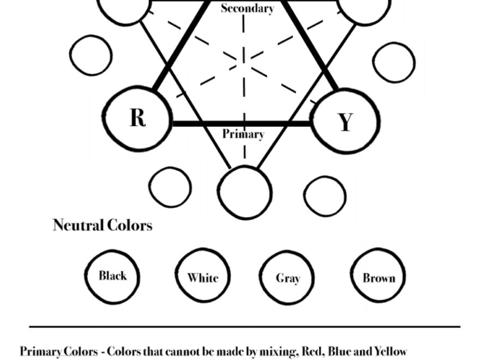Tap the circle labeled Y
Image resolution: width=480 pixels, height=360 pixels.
pos(345,121)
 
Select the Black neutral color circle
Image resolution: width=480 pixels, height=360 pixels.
pos(112,276)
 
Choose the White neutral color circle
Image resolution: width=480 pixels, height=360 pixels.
pos(202,277)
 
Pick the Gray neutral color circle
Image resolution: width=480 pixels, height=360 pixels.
pos(287,278)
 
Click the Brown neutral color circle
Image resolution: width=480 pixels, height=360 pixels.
pos(379,277)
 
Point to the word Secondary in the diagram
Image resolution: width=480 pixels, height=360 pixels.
pos(247,8)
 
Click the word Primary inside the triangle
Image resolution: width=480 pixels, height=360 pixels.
pos(243,134)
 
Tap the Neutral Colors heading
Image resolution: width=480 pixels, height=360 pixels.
pos(103,225)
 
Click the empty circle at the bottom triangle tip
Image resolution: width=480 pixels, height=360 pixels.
pos(245,193)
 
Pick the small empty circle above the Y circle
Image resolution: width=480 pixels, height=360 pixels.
pos(393,62)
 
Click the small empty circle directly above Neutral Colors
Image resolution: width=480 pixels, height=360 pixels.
pos(170,187)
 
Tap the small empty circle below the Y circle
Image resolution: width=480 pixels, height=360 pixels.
pos(325,195)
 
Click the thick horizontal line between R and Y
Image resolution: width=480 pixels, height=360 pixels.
pos(240,124)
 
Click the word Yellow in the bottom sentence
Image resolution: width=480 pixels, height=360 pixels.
pos(390,351)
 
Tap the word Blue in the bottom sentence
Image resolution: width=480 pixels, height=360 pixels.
pos(341,351)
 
